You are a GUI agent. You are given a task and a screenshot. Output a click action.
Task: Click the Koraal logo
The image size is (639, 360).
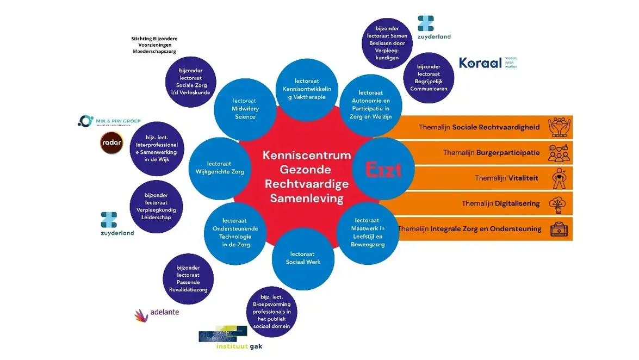click(488, 63)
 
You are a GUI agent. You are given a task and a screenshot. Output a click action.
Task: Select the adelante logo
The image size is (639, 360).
click(157, 313)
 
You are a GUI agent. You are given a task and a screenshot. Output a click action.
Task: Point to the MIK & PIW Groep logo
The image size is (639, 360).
click(109, 121)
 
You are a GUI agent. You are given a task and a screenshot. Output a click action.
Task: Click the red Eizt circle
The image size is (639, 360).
click(383, 169)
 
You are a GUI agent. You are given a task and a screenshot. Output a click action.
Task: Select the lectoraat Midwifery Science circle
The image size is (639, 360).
click(245, 109)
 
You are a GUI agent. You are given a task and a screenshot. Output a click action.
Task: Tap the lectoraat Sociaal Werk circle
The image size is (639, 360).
click(303, 258)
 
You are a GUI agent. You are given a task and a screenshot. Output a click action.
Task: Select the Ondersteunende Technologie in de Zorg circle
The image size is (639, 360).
click(235, 233)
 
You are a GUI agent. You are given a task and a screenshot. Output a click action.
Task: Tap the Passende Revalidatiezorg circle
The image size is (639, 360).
click(188, 279)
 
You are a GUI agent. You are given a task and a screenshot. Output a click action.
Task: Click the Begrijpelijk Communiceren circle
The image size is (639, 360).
click(429, 78)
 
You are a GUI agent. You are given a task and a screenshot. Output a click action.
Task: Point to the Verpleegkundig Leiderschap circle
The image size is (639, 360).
click(156, 206)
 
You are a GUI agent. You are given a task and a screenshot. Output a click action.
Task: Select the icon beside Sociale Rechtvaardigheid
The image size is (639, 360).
click(559, 127)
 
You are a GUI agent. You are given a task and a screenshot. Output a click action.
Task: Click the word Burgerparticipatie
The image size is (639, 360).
click(508, 153)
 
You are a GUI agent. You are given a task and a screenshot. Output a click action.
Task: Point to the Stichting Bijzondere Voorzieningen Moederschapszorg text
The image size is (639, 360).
click(154, 45)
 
